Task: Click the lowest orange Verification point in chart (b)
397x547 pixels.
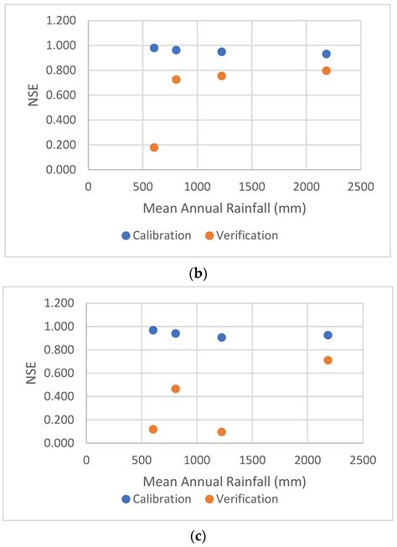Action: coord(154,147)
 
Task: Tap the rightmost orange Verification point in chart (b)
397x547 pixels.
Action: coord(326,70)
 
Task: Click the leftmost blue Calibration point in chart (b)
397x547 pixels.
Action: coord(154,48)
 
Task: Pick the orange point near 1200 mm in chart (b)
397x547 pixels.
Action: coord(222,75)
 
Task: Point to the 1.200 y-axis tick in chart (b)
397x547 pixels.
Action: coord(65,20)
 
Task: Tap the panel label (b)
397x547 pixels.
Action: coord(198,272)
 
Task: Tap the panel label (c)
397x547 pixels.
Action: coord(198,535)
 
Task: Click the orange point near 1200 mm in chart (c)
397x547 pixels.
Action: coord(222,432)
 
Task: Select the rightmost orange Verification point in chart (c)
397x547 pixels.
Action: coord(327,360)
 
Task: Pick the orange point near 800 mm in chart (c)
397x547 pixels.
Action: coord(175,389)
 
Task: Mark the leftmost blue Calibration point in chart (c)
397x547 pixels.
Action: coord(153,330)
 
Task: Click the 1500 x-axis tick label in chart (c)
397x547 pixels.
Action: coord(252,460)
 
